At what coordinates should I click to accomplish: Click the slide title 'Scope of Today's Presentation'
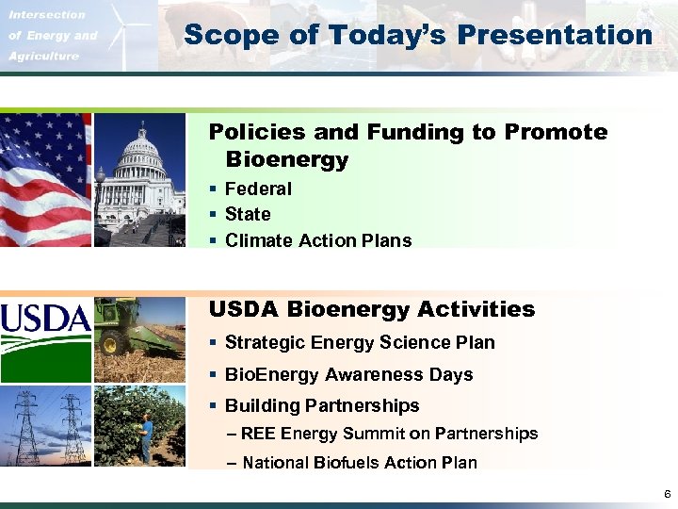(418, 36)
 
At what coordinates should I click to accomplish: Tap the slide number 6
(667, 494)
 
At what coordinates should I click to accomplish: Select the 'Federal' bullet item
(258, 189)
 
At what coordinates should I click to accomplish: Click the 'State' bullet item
(248, 214)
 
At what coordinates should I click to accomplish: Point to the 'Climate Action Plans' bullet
(317, 240)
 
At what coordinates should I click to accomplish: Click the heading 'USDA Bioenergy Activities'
(371, 309)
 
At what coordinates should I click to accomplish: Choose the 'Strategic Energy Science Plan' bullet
(360, 342)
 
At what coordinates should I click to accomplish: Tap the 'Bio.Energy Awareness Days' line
(348, 374)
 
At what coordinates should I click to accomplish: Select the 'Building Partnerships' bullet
(322, 405)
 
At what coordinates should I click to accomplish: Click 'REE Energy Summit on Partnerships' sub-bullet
(389, 434)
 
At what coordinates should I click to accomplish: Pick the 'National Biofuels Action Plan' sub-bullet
(359, 462)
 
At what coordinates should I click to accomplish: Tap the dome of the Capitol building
(141, 146)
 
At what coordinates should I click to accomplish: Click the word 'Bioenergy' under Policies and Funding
(286, 160)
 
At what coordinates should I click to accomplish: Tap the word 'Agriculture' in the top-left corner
(43, 56)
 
